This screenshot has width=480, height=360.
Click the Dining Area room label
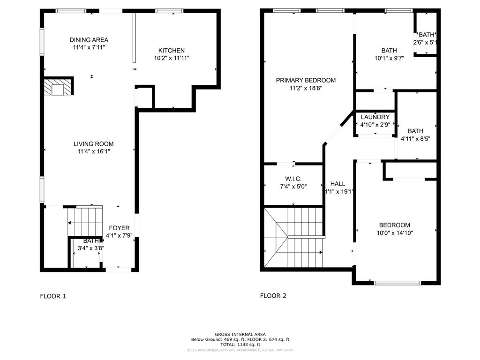pyautogui.click(x=89, y=40)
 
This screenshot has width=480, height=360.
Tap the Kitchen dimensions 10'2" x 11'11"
pyautogui.click(x=172, y=58)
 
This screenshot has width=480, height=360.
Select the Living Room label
pyautogui.click(x=93, y=144)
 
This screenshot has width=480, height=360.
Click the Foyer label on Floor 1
pyautogui.click(x=119, y=228)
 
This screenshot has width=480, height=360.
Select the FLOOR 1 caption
pyautogui.click(x=53, y=296)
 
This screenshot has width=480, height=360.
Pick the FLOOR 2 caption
pyautogui.click(x=273, y=296)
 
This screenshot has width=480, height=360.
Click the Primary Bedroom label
pyautogui.click(x=306, y=80)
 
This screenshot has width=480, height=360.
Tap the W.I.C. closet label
pyautogui.click(x=293, y=179)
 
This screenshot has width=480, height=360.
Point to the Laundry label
pyautogui.click(x=375, y=117)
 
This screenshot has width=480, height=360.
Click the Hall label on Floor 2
pyautogui.click(x=337, y=184)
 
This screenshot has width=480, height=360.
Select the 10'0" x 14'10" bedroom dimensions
pyautogui.click(x=395, y=232)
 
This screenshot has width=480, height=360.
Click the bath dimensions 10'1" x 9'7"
pyautogui.click(x=389, y=58)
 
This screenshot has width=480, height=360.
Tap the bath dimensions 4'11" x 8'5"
pyautogui.click(x=415, y=139)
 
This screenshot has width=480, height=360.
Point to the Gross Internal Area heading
pyautogui.click(x=240, y=334)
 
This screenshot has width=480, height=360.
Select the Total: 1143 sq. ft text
pyautogui.click(x=240, y=345)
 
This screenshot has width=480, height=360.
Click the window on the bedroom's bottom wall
pyautogui.click(x=397, y=283)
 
